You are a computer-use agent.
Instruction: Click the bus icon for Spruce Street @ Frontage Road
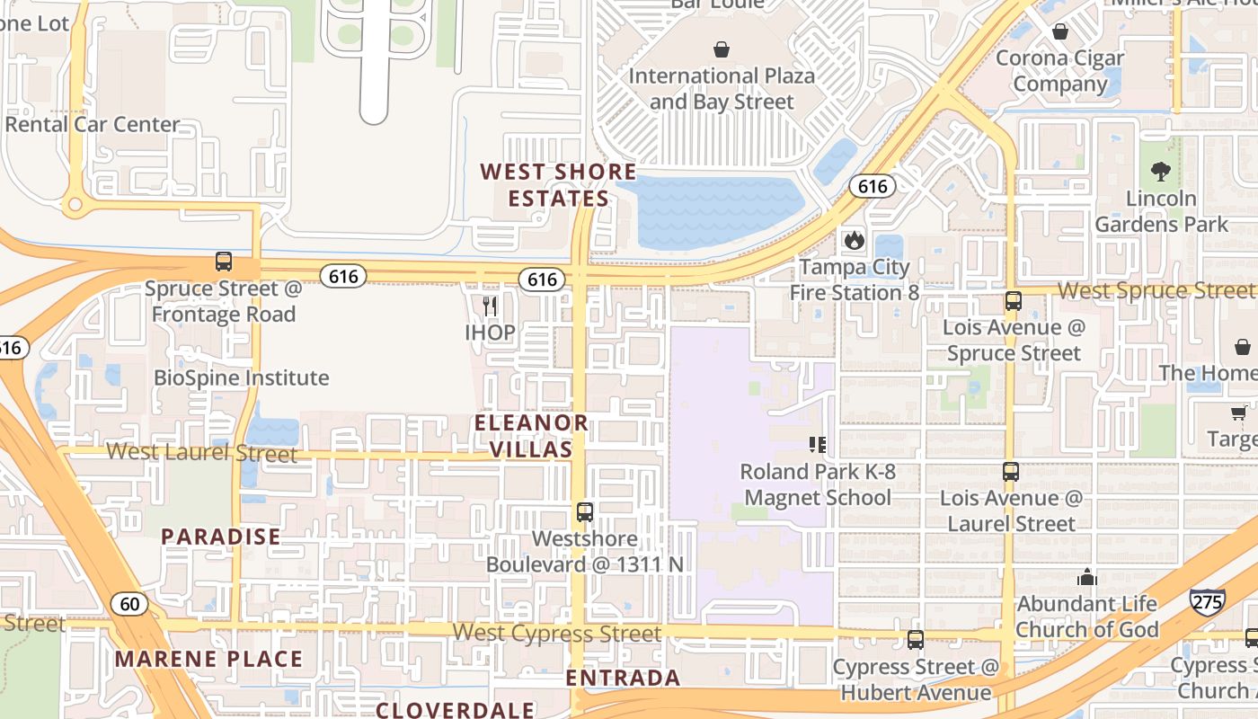tap(224, 262)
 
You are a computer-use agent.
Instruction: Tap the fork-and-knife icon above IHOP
tap(490, 306)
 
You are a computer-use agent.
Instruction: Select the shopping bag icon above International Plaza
tap(721, 49)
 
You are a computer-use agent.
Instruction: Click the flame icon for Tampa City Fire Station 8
tap(852, 240)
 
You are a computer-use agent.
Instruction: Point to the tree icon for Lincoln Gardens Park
tap(1161, 171)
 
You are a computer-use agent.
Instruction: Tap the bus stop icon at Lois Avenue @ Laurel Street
tap(1011, 471)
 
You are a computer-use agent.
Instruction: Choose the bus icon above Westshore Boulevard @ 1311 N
tap(585, 512)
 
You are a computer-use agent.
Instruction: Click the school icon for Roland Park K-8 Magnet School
tap(817, 444)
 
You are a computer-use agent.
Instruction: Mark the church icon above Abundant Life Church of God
tap(1086, 577)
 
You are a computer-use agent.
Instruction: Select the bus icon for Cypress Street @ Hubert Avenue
tap(915, 640)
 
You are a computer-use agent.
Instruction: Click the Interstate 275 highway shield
tap(1206, 600)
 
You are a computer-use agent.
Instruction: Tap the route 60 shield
tap(130, 603)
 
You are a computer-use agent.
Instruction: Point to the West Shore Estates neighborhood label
tap(558, 184)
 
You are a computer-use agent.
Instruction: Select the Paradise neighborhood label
tap(220, 537)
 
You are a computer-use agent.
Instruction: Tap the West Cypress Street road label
tap(556, 633)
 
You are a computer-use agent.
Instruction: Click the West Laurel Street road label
tap(201, 452)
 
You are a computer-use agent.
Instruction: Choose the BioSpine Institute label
tap(242, 377)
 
